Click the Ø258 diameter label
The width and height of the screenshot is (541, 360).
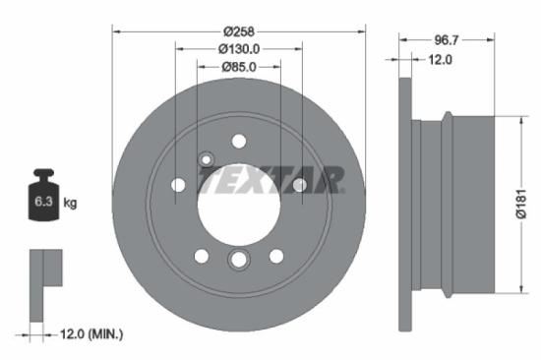[239, 30]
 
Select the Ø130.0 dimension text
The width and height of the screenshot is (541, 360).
[239, 49]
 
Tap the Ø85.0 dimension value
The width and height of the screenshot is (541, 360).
[239, 68]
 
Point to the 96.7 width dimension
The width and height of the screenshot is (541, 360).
[446, 40]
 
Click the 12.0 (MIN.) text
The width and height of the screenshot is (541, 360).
[90, 334]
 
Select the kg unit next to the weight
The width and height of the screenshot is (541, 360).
[71, 204]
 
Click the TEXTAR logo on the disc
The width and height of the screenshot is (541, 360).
[271, 181]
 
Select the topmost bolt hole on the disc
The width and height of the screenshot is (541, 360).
[239, 142]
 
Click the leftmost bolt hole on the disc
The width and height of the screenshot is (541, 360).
[178, 184]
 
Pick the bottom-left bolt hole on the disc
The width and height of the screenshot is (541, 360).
[202, 256]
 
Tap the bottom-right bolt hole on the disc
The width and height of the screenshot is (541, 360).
[276, 256]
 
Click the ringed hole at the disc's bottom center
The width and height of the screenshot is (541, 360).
[239, 259]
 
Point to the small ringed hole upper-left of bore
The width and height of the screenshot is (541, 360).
[207, 159]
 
